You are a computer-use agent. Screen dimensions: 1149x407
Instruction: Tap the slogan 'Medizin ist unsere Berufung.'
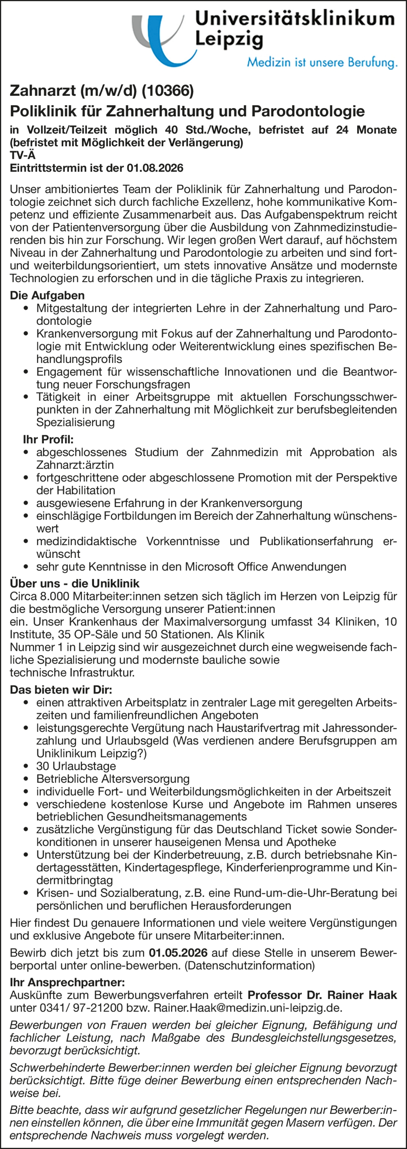tap(322, 62)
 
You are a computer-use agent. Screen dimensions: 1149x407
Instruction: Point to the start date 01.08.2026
tap(155, 168)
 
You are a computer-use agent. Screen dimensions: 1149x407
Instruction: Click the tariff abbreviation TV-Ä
tap(22, 156)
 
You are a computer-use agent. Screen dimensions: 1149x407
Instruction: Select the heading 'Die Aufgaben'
tap(47, 295)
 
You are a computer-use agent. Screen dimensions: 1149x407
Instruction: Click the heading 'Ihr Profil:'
tap(48, 439)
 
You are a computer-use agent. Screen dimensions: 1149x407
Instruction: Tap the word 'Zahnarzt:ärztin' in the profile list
tap(75, 465)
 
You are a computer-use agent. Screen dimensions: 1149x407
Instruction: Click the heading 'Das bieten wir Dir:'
tap(61, 690)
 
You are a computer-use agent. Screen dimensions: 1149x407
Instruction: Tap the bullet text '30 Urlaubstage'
tap(76, 766)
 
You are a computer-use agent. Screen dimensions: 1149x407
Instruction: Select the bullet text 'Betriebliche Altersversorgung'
tap(113, 779)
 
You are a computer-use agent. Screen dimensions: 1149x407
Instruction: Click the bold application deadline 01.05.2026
tap(178, 953)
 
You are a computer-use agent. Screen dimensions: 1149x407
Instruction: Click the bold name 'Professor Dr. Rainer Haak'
tap(322, 995)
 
